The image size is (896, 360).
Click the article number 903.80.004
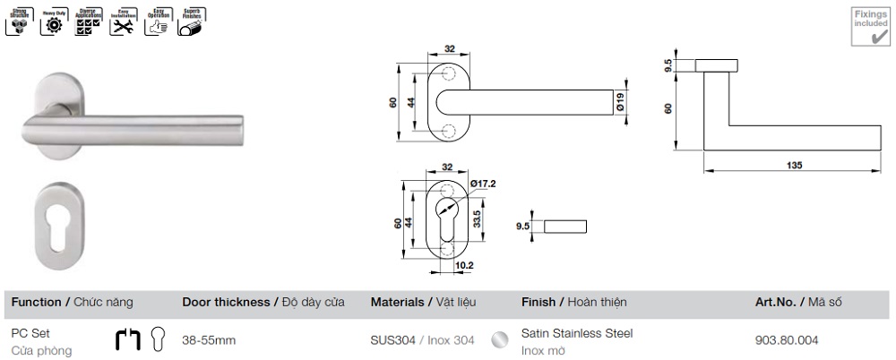[x=787, y=339]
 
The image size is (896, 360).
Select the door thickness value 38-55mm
[x=209, y=340]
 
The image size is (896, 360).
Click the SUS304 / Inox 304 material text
[x=422, y=340]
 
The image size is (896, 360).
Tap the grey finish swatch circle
[x=501, y=340]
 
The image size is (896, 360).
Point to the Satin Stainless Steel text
[x=577, y=333]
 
